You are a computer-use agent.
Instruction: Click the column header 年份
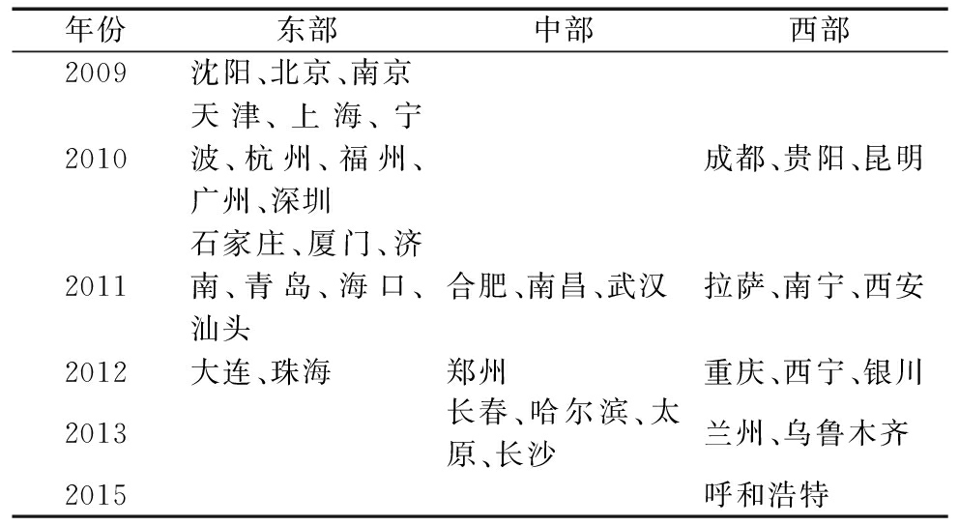click(x=96, y=29)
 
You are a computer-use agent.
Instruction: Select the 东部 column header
click(x=307, y=29)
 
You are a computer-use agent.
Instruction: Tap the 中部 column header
click(x=564, y=29)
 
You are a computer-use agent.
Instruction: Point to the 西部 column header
click(x=820, y=29)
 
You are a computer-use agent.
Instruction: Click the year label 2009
click(x=96, y=73)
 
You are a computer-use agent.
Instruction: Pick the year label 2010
click(x=96, y=159)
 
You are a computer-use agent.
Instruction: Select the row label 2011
click(x=96, y=287)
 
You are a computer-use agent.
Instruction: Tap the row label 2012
click(x=96, y=372)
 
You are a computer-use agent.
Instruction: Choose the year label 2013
click(x=96, y=433)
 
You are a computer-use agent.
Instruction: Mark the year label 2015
click(x=96, y=495)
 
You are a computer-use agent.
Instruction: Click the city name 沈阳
click(x=220, y=73)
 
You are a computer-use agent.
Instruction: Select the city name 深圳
click(x=301, y=201)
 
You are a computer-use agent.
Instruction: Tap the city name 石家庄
click(x=238, y=244)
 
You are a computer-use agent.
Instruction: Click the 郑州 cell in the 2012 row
click(x=477, y=372)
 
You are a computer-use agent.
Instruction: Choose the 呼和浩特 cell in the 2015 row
click(x=767, y=495)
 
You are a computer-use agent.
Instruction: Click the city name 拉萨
click(x=734, y=287)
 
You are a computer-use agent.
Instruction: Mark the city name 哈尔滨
click(x=578, y=412)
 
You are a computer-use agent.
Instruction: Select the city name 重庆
click(x=734, y=372)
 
